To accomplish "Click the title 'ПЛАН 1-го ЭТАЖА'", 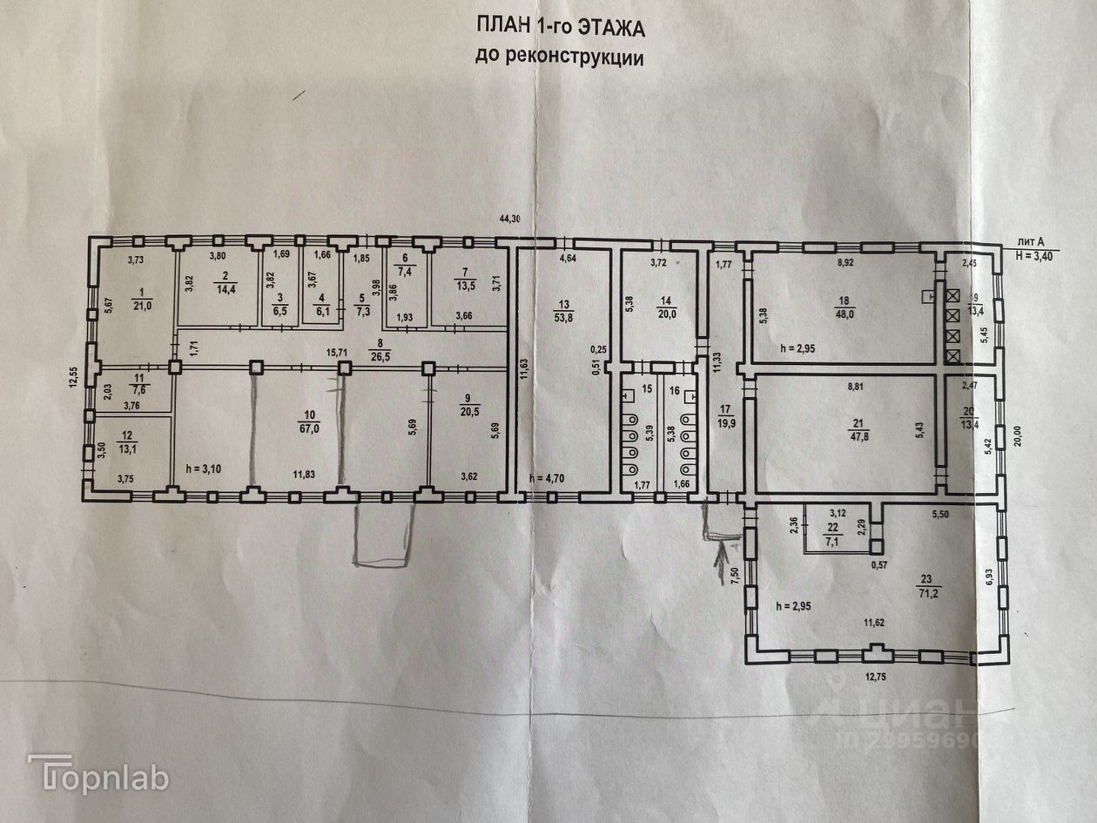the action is (x=560, y=29).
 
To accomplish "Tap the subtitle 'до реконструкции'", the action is (x=559, y=57).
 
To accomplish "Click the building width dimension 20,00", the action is (x=1019, y=434).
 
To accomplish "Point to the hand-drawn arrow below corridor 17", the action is (x=722, y=563).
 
